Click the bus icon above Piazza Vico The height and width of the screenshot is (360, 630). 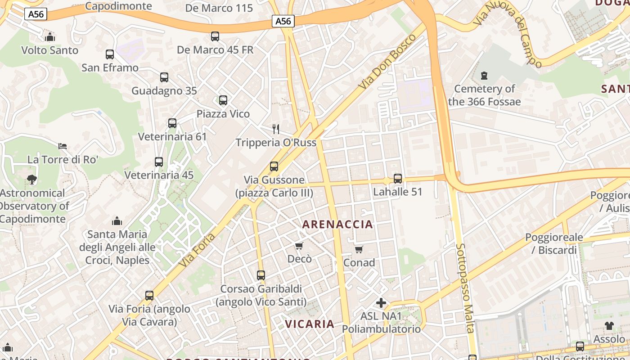pos(223,100)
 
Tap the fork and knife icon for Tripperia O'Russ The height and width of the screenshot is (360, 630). pos(276,129)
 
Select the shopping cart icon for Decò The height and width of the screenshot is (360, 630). pos(299,246)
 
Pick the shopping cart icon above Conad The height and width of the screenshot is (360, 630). pos(359,249)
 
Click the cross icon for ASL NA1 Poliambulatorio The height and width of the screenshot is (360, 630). pos(381,303)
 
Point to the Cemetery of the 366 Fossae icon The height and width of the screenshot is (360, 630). pos(484,76)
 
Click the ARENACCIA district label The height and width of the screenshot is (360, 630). pos(337,224)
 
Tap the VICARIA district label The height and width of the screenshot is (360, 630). pos(310,324)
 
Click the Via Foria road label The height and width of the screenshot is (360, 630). pos(197,250)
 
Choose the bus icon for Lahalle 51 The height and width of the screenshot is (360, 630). pos(398,179)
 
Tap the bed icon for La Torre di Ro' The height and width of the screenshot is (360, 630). pos(63,146)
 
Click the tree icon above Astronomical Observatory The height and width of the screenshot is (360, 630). pos(31,180)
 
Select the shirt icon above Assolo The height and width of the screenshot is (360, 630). pos(609,326)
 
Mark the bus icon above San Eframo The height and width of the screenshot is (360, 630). pos(110,54)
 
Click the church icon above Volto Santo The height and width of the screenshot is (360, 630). pos(50,37)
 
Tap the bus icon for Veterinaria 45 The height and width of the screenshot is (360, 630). pos(159,162)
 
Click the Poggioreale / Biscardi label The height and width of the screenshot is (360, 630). pos(554,243)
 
